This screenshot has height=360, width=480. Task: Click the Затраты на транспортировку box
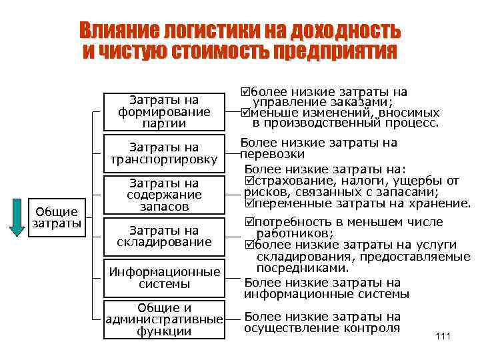tap(163, 153)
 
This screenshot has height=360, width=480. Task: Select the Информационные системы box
tap(163, 277)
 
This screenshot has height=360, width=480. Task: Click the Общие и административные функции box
tap(163, 319)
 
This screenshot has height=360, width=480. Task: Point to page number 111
tap(442, 336)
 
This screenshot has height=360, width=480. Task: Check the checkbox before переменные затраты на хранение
tap(250, 203)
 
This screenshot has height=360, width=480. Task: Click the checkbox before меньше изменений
tap(246, 113)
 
